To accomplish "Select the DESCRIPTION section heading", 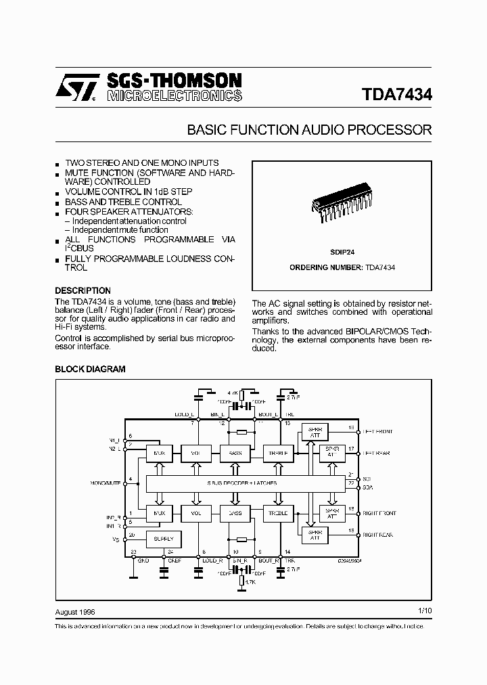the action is pyautogui.click(x=83, y=291).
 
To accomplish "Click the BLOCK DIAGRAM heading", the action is pyautogui.click(x=90, y=370).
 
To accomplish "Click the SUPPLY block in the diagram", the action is pyautogui.click(x=164, y=539).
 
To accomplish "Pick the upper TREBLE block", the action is pyautogui.click(x=279, y=452).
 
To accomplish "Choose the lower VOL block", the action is pyautogui.click(x=197, y=514).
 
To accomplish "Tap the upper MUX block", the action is pyautogui.click(x=159, y=452).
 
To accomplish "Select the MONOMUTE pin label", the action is pyautogui.click(x=104, y=483).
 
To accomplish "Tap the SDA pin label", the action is pyautogui.click(x=367, y=487).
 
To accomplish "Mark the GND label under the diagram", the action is pyautogui.click(x=143, y=560).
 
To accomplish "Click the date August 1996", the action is pyautogui.click(x=75, y=611).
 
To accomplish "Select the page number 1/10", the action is pyautogui.click(x=425, y=611).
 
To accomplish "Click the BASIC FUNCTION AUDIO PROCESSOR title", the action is pyautogui.click(x=309, y=130).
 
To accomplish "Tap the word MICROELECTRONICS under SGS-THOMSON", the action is pyautogui.click(x=174, y=96).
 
